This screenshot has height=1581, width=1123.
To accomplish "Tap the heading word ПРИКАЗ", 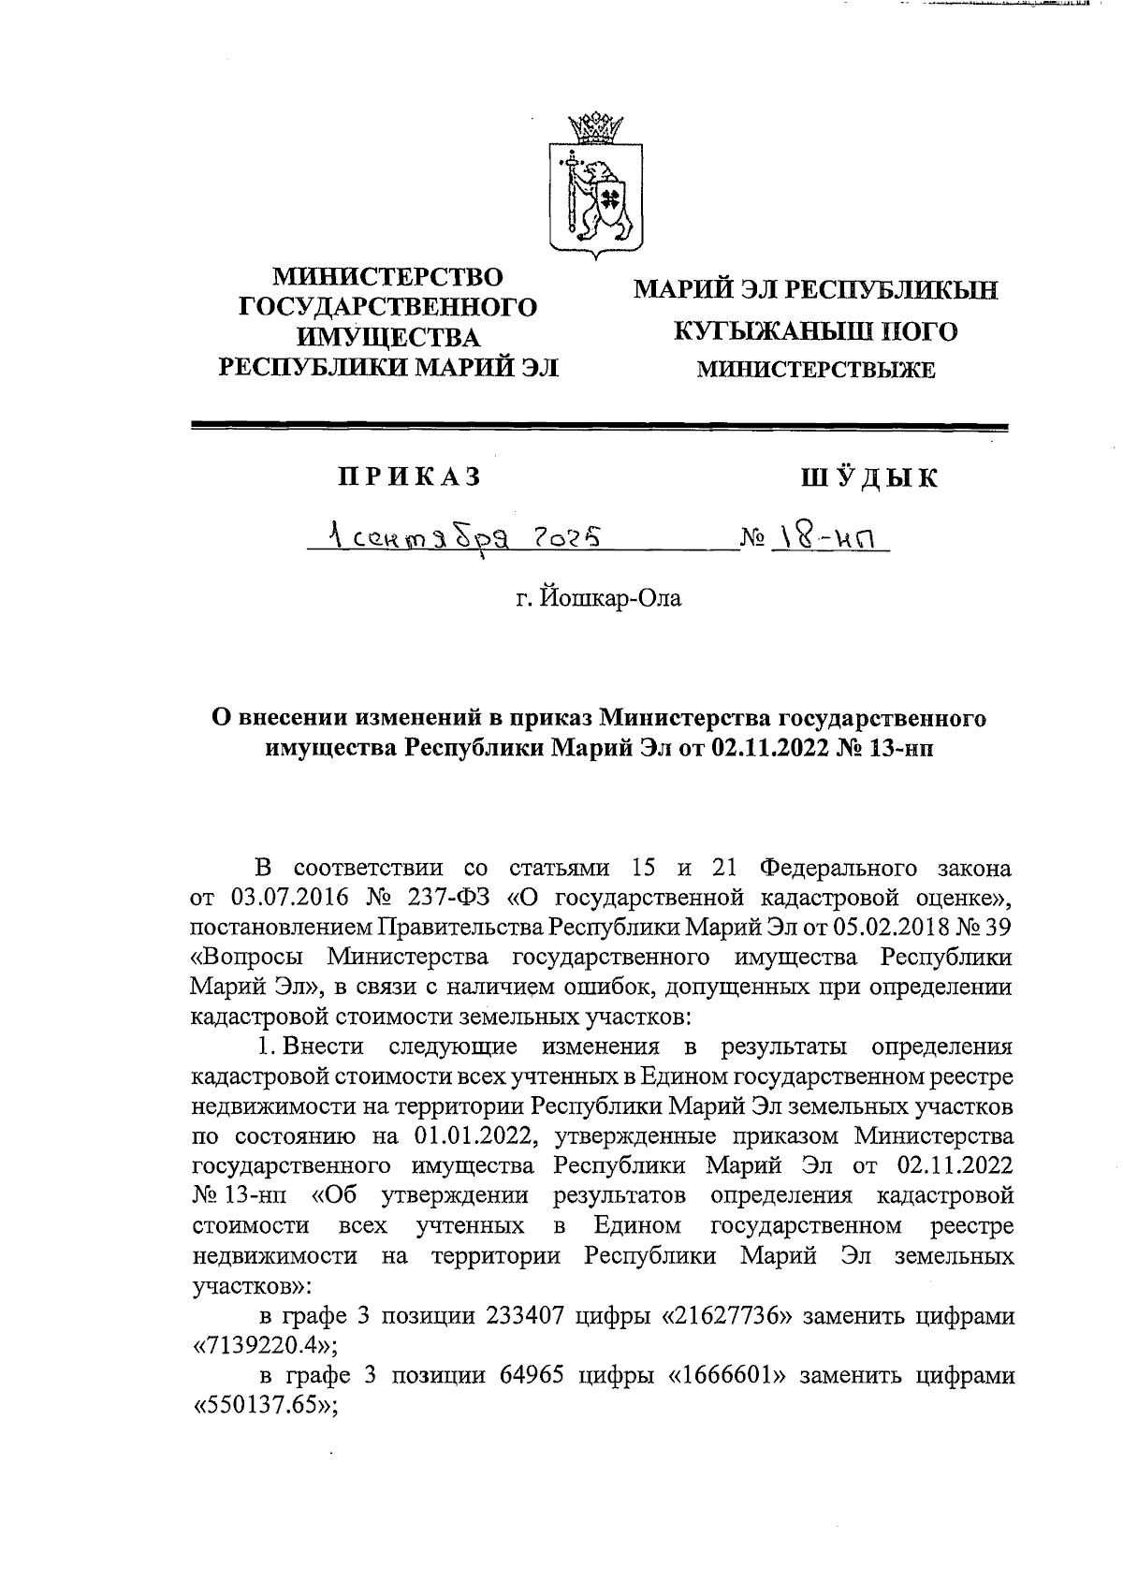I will click(x=409, y=477).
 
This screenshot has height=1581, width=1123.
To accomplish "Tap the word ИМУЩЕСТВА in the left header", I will click(x=387, y=338).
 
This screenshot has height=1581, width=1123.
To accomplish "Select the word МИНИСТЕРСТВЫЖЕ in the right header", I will click(x=815, y=371).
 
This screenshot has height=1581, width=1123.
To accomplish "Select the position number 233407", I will click(x=525, y=1316).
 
